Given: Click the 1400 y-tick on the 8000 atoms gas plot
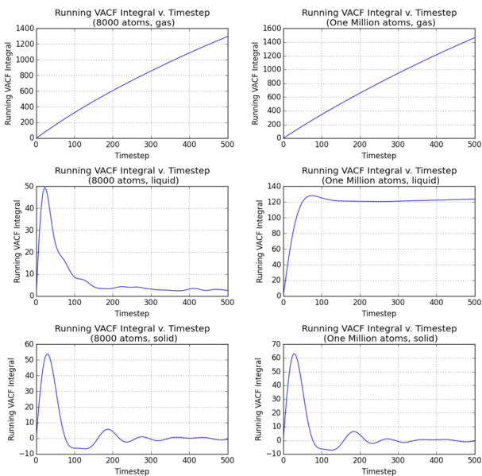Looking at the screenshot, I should [x=21, y=29].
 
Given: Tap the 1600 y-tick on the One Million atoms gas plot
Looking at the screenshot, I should [x=269, y=29].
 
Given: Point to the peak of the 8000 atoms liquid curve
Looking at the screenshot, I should [x=44, y=188].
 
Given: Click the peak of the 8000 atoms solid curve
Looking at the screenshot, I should [x=47, y=354].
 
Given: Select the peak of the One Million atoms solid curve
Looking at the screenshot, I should [x=294, y=354].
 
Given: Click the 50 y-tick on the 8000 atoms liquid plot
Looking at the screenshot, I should [x=28, y=186].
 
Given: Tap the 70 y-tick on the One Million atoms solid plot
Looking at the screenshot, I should [x=274, y=344].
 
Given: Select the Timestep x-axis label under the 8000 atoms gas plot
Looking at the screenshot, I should [x=132, y=156].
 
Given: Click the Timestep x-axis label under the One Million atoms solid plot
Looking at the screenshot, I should [x=379, y=471].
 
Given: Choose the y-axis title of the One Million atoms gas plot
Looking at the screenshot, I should [x=256, y=83].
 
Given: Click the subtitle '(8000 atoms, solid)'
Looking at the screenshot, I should [x=132, y=339].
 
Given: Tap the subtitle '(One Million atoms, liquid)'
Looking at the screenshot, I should [x=379, y=180].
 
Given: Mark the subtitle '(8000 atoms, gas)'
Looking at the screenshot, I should [x=132, y=22].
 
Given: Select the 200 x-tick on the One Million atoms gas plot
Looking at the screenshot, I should [x=360, y=145].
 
